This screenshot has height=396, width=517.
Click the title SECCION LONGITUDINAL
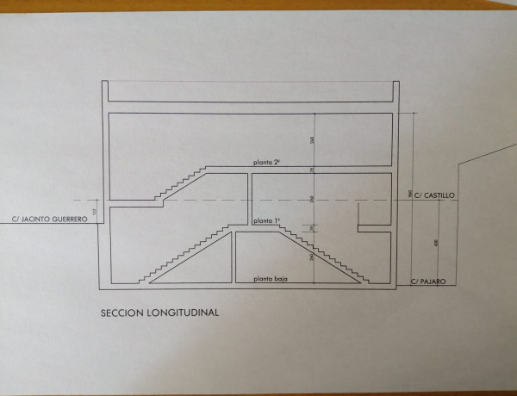pos(159,314)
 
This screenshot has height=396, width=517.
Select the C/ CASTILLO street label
pos(434,196)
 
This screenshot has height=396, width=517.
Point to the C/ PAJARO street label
pos(429,281)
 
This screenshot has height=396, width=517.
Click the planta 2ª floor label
pos(266,163)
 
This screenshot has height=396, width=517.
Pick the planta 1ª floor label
pos(266,221)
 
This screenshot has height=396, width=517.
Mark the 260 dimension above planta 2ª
pos(313,139)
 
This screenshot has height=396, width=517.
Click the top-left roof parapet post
pos(104,91)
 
